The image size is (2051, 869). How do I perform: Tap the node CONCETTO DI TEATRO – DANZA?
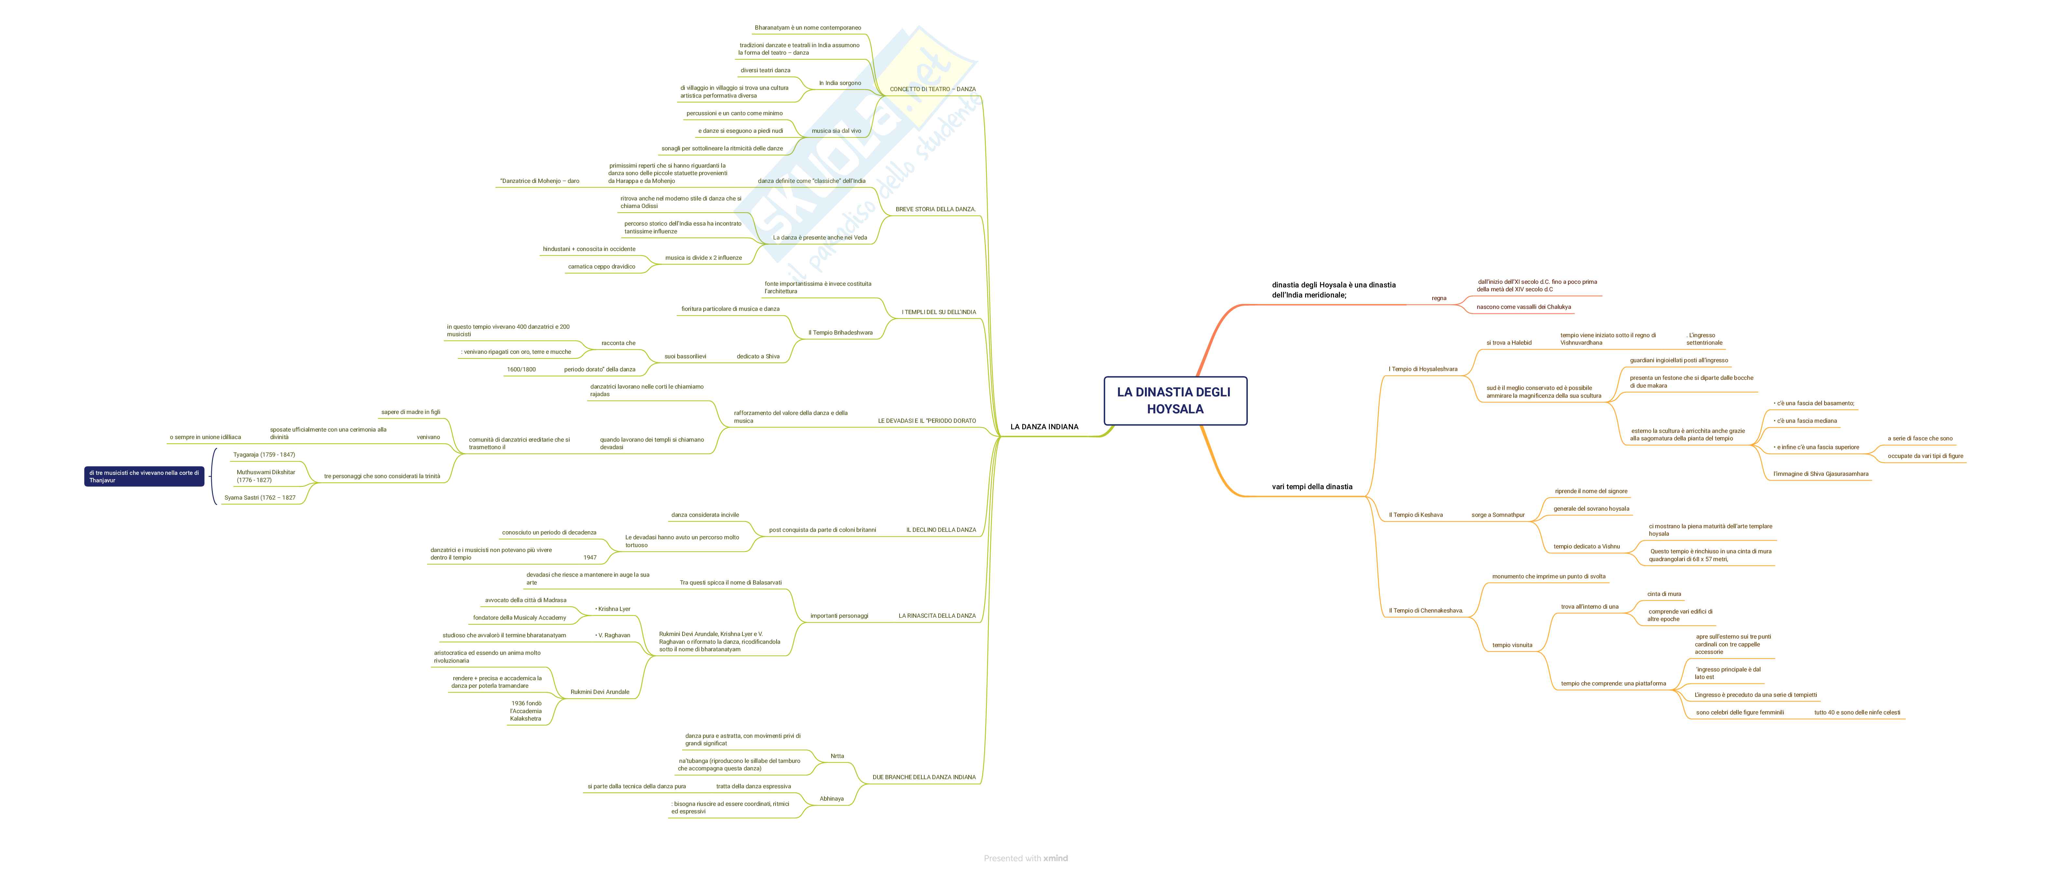coord(932,89)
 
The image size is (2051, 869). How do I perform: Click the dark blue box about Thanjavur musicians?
coord(144,476)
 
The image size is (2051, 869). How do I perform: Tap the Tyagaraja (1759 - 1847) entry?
coord(264,455)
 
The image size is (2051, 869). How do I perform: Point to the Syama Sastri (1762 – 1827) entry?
coord(260,498)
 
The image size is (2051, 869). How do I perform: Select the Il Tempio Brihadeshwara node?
coord(840,333)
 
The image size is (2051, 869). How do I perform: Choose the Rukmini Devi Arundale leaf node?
coord(599,692)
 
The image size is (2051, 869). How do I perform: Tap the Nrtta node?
coord(837,756)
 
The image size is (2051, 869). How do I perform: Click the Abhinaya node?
coord(831,799)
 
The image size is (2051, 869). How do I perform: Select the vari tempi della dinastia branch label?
coord(1311,487)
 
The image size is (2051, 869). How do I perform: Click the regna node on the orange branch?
coord(1439,299)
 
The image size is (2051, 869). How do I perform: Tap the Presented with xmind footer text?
coord(1025,858)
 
